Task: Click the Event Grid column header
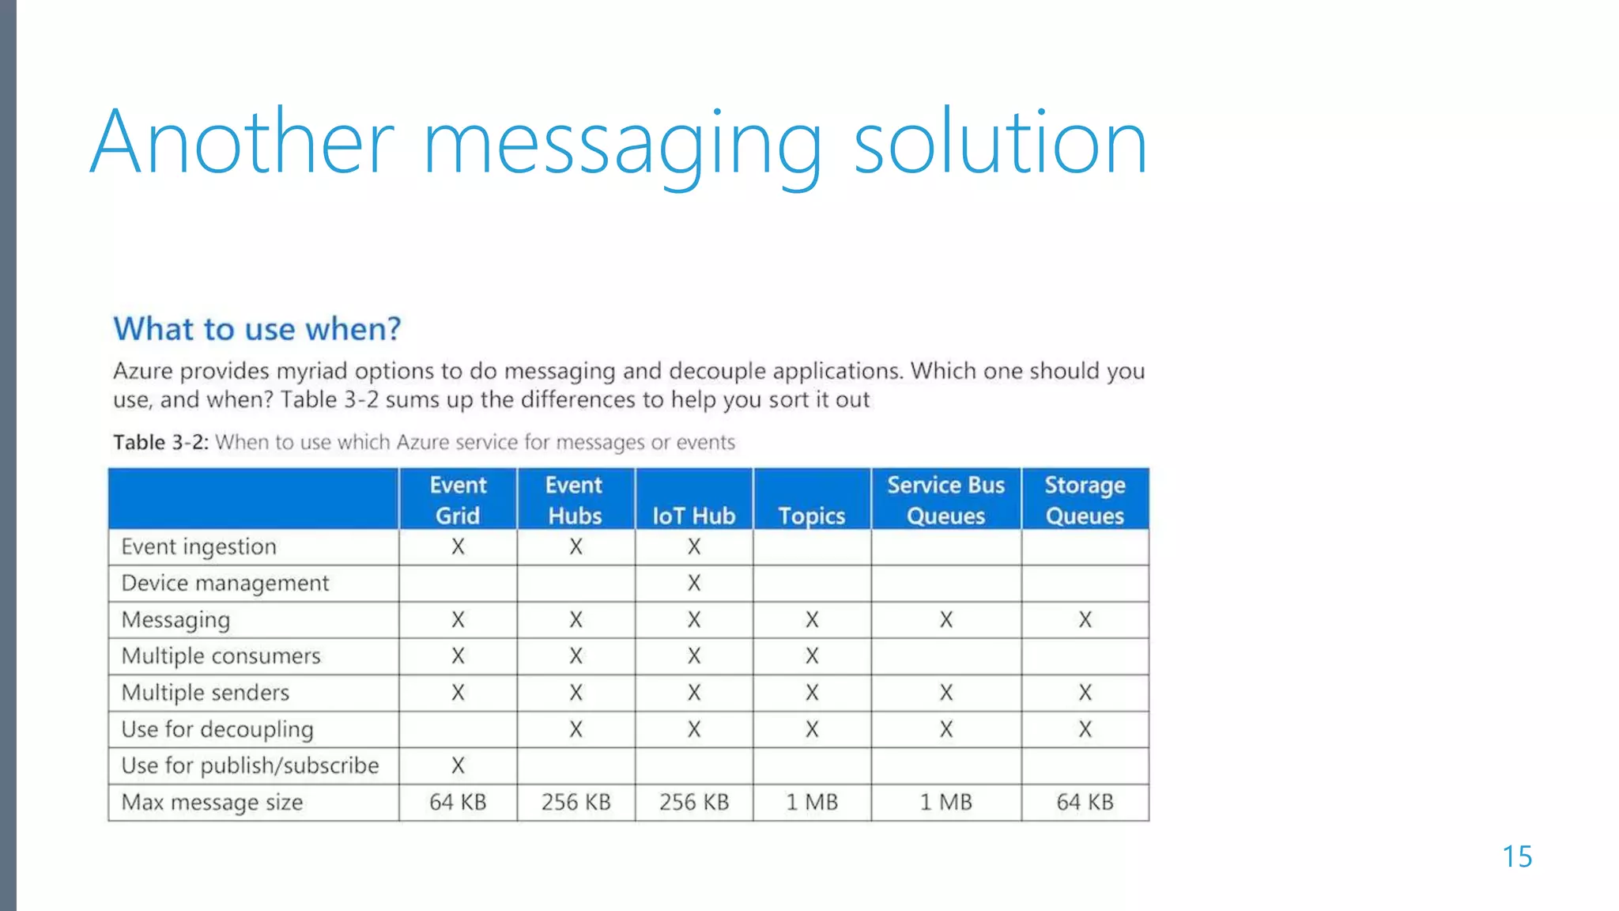click(458, 500)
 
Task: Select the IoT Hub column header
click(693, 516)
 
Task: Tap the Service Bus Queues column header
click(945, 500)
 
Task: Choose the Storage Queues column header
click(1085, 500)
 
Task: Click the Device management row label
click(225, 584)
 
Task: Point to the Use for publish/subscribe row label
click(250, 765)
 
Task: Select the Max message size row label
click(212, 803)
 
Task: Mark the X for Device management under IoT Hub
click(694, 584)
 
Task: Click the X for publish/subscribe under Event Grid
click(458, 765)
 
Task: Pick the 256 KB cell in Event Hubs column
click(576, 803)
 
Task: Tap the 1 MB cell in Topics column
click(812, 803)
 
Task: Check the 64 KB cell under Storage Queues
click(1085, 803)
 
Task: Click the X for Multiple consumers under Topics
click(812, 656)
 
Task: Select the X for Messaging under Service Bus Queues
click(946, 620)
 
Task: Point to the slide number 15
click(1517, 856)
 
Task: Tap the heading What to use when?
click(257, 329)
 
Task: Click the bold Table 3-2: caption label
click(160, 442)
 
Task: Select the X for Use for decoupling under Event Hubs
click(576, 729)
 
